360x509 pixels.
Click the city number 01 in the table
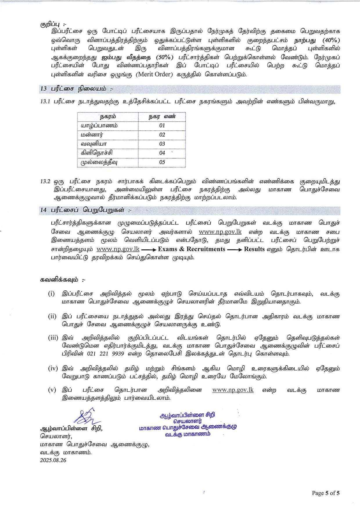pyautogui.click(x=162, y=125)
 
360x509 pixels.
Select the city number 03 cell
pyautogui.click(x=162, y=144)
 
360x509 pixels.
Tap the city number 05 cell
pyautogui.click(x=162, y=162)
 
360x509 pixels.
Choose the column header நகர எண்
pyautogui.click(x=162, y=116)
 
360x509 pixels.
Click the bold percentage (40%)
pyautogui.click(x=331, y=40)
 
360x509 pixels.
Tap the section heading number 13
pyautogui.click(x=44, y=89)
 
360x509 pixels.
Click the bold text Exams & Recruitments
pyautogui.click(x=191, y=249)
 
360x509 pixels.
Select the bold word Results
pyautogui.click(x=254, y=249)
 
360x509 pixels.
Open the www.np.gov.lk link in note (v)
pyautogui.click(x=233, y=390)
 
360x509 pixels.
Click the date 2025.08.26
pyautogui.click(x=53, y=460)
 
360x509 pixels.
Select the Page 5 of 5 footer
pyautogui.click(x=326, y=493)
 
